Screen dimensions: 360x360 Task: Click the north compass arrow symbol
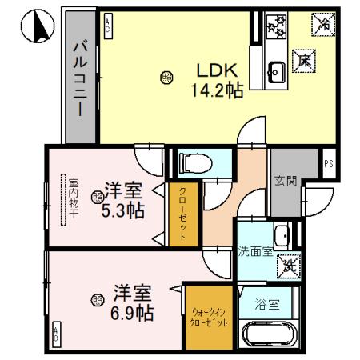coord(33,29)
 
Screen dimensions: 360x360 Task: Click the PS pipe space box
coord(329,165)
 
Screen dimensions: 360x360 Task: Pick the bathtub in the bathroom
coord(270,335)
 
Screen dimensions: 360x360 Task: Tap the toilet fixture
coord(193,163)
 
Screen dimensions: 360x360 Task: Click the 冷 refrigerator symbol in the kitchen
coord(323,25)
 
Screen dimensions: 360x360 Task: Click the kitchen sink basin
coord(277,69)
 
